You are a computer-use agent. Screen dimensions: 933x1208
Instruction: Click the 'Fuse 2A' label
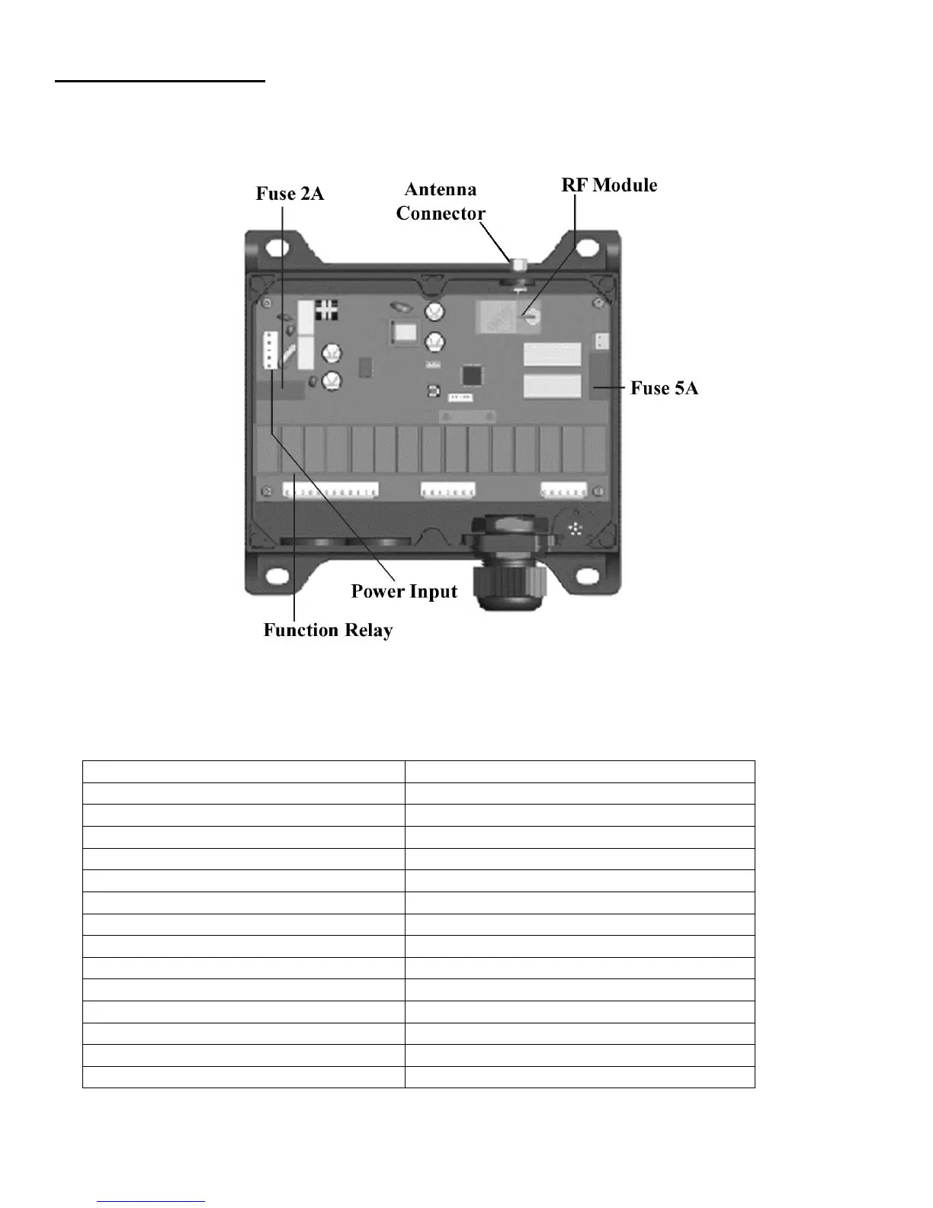pyautogui.click(x=290, y=194)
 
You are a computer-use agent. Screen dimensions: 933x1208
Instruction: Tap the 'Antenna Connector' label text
pyautogui.click(x=440, y=201)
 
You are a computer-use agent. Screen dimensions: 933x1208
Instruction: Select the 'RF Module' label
pyautogui.click(x=609, y=185)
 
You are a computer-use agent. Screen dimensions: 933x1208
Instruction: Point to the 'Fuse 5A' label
pyautogui.click(x=664, y=388)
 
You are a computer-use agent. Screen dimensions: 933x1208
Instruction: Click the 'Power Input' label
pyautogui.click(x=404, y=592)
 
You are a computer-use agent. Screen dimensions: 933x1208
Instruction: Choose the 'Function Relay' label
pyautogui.click(x=328, y=630)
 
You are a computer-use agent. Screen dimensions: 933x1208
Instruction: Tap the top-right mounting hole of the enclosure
pyautogui.click(x=587, y=248)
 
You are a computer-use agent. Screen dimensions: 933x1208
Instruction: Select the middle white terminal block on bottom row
pyautogui.click(x=448, y=490)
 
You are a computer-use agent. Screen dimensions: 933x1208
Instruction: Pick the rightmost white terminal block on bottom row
pyautogui.click(x=564, y=490)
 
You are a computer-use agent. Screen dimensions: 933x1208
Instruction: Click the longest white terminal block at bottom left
pyautogui.click(x=330, y=490)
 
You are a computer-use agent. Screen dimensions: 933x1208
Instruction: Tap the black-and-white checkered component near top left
pyautogui.click(x=327, y=310)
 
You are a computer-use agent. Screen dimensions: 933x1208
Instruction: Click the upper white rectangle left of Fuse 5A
pyautogui.click(x=552, y=356)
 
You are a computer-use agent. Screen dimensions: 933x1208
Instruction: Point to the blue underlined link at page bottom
pyautogui.click(x=152, y=1201)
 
